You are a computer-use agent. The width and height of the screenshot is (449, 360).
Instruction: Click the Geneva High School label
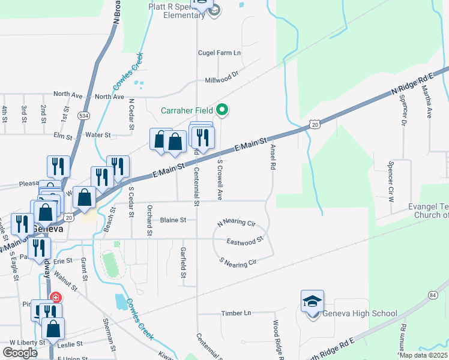click(x=360, y=313)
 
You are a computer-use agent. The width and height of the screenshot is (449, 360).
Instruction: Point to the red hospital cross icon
click(x=55, y=297)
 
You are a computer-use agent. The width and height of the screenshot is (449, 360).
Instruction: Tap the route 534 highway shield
click(x=83, y=115)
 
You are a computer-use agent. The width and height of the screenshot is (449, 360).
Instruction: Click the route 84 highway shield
click(x=433, y=295)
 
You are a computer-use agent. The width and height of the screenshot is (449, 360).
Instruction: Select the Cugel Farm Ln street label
click(x=220, y=53)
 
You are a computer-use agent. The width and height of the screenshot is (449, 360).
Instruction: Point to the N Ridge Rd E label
click(x=412, y=83)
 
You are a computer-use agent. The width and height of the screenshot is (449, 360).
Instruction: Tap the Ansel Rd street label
click(x=273, y=155)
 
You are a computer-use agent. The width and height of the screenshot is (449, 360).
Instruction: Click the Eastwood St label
click(x=245, y=241)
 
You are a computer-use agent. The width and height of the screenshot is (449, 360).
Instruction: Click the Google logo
click(x=20, y=353)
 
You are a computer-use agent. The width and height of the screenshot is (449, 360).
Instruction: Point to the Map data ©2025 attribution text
click(x=424, y=355)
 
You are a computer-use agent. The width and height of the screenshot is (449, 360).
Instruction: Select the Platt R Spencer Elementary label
click(x=177, y=11)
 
